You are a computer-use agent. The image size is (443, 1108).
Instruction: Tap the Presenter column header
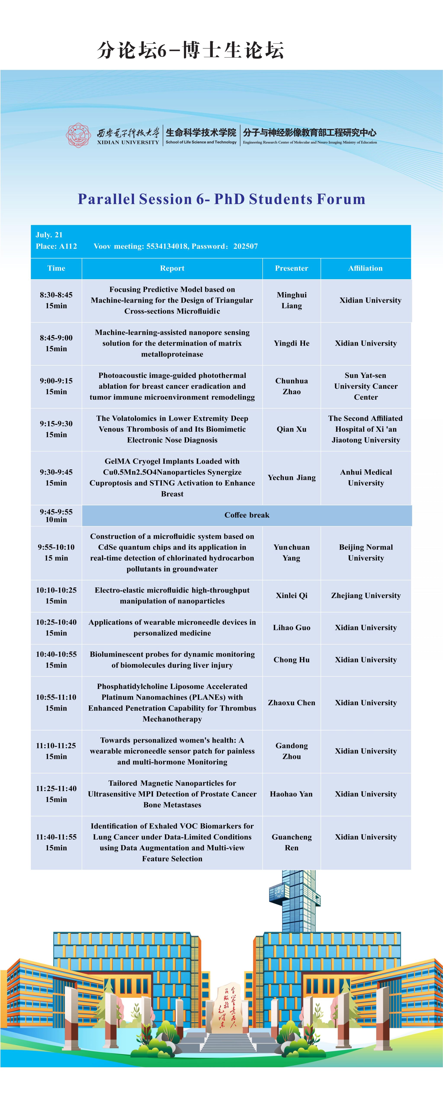tap(291, 268)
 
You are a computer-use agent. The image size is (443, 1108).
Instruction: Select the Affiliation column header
tap(365, 268)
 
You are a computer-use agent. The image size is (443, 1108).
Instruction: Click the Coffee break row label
tap(247, 515)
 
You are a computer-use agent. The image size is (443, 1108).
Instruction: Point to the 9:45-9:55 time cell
tap(56, 515)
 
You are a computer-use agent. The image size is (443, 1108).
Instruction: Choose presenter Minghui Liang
tap(291, 300)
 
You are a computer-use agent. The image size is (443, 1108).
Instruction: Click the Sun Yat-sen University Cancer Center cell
tap(366, 386)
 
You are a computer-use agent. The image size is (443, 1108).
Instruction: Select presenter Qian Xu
tap(291, 429)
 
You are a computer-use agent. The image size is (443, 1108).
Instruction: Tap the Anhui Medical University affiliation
tap(366, 477)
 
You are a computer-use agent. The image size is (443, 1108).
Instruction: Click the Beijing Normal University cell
tap(366, 552)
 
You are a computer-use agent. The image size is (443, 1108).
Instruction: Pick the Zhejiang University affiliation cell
tap(366, 595)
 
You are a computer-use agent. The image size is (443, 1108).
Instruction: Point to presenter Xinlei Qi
tap(291, 595)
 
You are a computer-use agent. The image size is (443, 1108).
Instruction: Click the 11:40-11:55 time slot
tap(56, 842)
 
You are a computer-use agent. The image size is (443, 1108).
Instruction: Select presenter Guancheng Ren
tap(291, 842)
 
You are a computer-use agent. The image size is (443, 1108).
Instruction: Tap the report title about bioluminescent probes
tap(172, 659)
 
